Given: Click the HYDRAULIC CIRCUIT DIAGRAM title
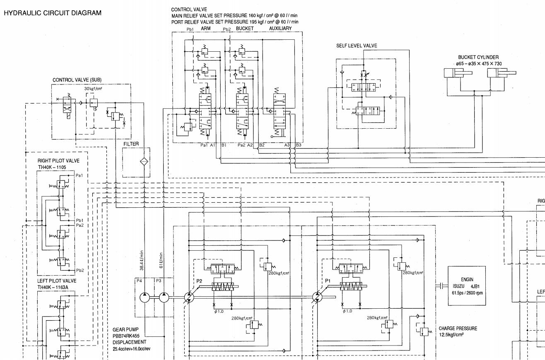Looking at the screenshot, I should (x=52, y=13).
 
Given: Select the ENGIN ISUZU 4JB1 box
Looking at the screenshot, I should (x=467, y=286).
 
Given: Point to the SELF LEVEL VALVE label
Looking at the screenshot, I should (x=356, y=46).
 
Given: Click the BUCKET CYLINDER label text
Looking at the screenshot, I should (x=478, y=58).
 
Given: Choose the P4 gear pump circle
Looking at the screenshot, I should (x=145, y=297).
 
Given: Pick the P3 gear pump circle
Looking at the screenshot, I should (x=164, y=297).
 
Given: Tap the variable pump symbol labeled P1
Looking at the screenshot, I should (x=319, y=297).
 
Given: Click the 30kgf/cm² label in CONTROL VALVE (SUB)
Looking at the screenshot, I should (x=93, y=89).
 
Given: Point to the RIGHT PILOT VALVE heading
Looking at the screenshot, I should (x=58, y=161).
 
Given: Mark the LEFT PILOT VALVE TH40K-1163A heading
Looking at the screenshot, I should (x=57, y=283).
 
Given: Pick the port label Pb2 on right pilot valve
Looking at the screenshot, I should (x=80, y=270).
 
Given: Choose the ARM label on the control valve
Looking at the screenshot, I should (x=206, y=28).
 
